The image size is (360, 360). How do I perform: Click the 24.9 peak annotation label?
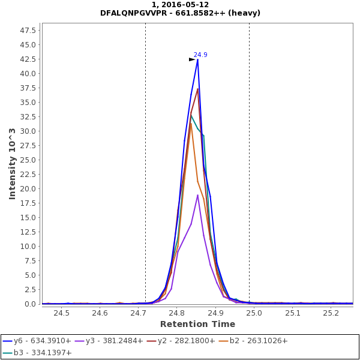click(200, 55)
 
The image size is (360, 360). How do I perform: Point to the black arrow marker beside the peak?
click(192, 59)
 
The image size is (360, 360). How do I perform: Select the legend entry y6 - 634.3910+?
click(41, 341)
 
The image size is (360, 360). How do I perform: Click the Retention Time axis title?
click(198, 324)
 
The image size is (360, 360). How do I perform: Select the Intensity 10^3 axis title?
click(12, 163)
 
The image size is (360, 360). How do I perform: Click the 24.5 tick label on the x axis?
click(61, 313)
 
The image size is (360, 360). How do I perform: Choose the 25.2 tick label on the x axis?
click(331, 313)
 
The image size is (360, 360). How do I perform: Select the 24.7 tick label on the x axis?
click(138, 313)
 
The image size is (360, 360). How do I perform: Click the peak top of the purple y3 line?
click(197, 194)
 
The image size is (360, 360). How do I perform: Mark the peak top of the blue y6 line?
click(197, 59)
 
